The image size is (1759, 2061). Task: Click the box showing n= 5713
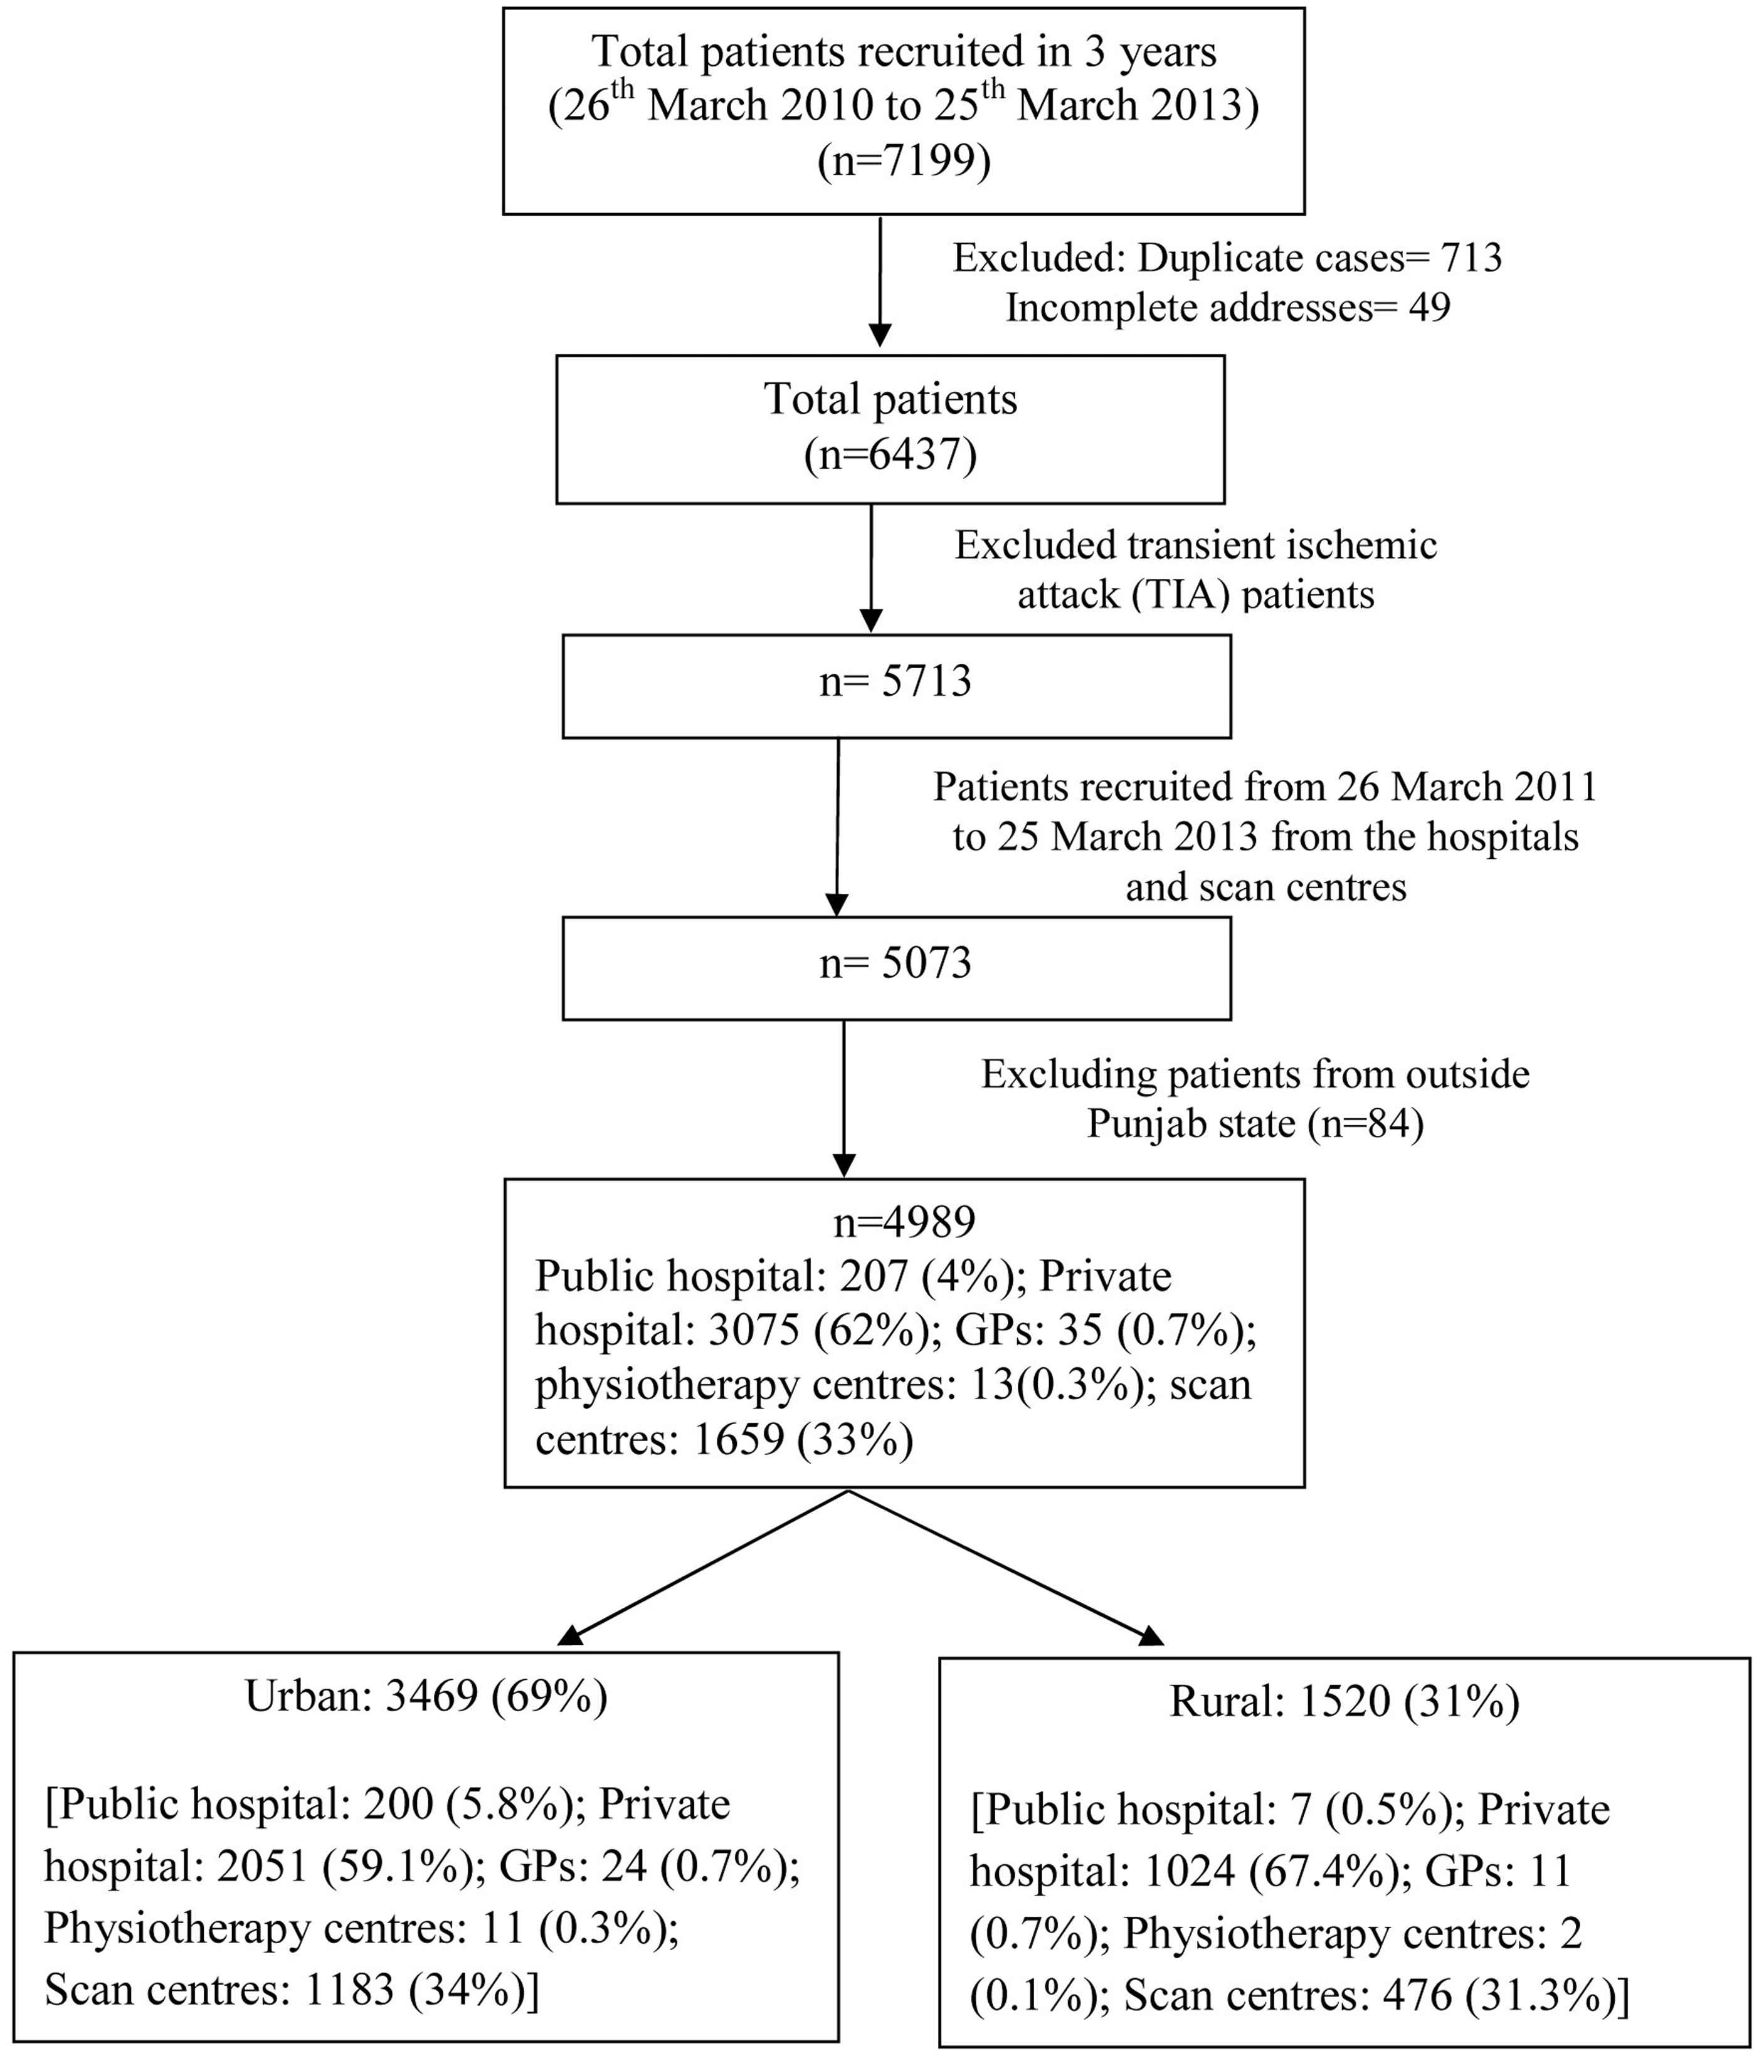click(x=896, y=686)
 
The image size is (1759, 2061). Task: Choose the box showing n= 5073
click(x=896, y=968)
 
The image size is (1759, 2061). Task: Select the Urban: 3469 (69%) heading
click(x=426, y=1697)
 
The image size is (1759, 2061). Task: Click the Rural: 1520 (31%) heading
click(x=1344, y=1703)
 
